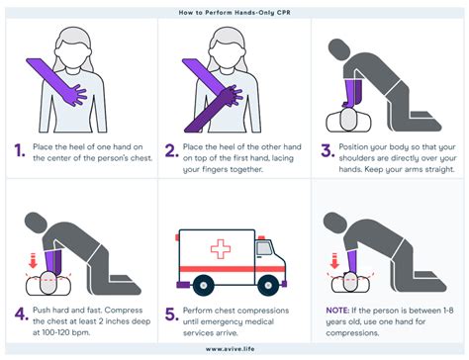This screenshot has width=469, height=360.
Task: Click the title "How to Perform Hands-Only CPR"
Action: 234,8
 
